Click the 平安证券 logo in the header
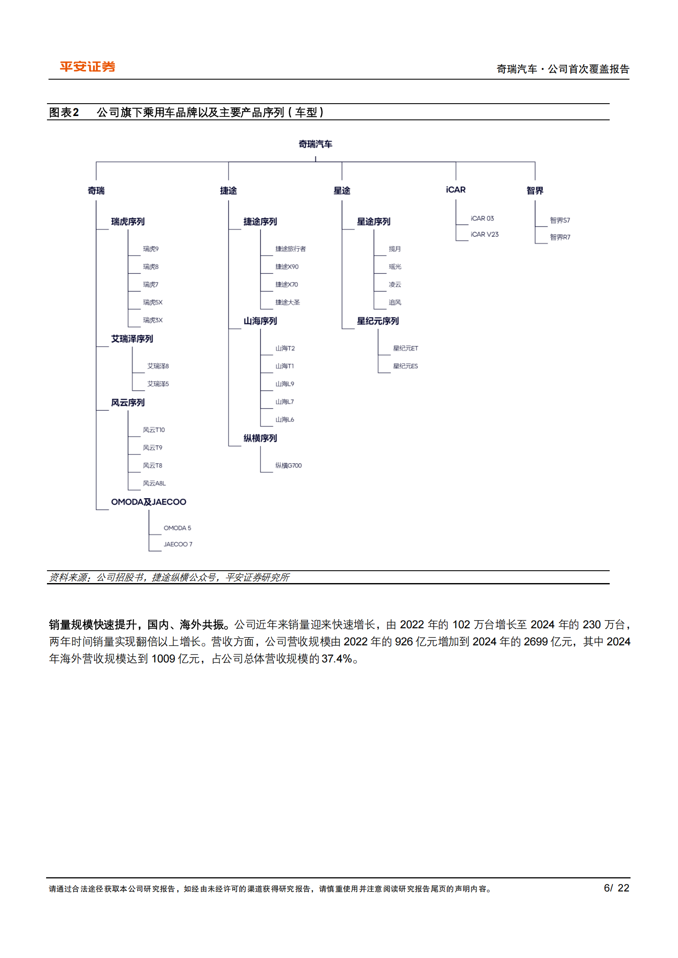(x=88, y=67)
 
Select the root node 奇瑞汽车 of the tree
(x=315, y=144)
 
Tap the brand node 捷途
(x=228, y=191)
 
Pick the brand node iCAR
(x=456, y=190)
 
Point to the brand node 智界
(x=535, y=191)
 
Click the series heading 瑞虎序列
(x=128, y=222)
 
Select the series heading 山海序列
(x=260, y=321)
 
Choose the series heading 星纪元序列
(x=377, y=321)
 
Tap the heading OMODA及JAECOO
(x=149, y=502)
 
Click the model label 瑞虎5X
(x=152, y=302)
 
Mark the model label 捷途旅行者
(x=290, y=249)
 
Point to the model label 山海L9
(x=284, y=384)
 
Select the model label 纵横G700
(x=288, y=465)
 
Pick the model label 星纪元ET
(x=405, y=348)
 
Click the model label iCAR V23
(x=484, y=235)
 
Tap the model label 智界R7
(x=560, y=237)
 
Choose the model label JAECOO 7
(x=178, y=544)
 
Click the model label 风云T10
(x=154, y=430)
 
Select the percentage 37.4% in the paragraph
(x=336, y=659)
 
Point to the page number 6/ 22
(x=616, y=888)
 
